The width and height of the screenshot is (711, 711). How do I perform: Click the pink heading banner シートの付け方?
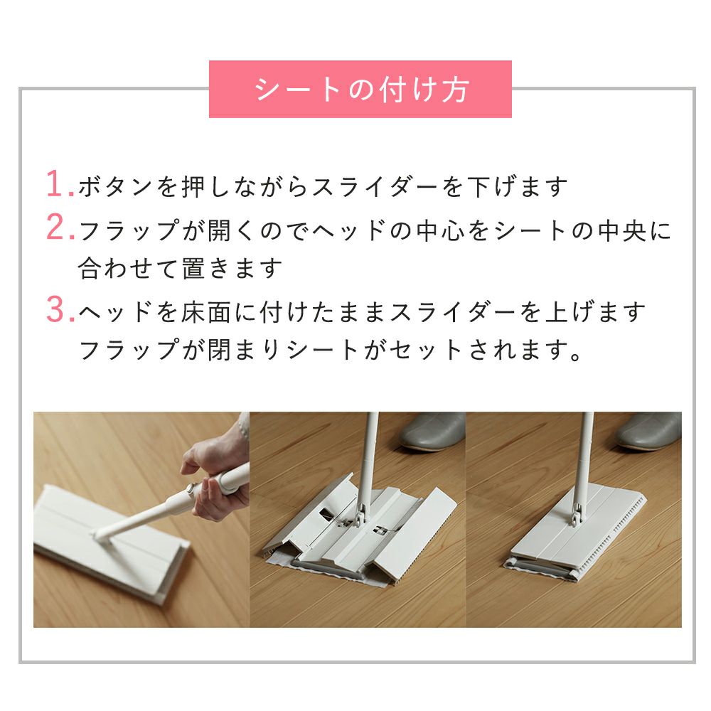[360, 89]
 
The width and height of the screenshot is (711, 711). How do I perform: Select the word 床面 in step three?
[206, 312]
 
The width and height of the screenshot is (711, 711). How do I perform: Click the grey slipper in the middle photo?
[432, 432]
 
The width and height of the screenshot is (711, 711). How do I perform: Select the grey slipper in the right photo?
[648, 432]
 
